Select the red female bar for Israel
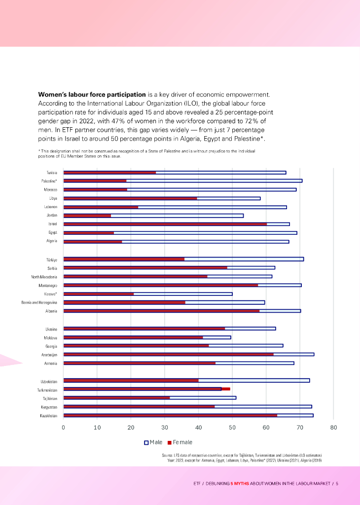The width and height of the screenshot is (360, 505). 165,224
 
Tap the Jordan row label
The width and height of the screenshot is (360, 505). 52,216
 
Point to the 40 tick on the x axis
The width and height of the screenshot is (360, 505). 198,427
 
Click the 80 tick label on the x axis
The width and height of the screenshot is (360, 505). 333,427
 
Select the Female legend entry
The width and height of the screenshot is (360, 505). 180,442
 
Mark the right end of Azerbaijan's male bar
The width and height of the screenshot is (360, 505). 314,355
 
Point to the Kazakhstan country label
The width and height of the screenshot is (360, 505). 49,416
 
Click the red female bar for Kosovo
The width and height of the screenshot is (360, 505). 99,294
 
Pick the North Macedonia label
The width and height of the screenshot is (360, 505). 44,277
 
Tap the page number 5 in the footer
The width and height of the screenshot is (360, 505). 337,483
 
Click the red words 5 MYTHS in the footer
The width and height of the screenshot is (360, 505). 240,483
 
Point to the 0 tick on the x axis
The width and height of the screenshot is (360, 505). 64,427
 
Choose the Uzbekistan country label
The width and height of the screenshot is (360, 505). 49,381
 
